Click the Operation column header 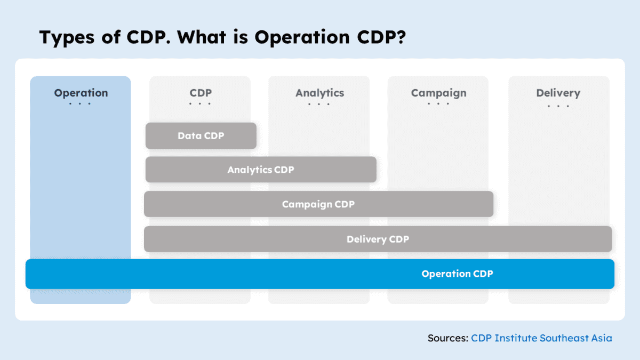coord(81,93)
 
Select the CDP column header coord(200,93)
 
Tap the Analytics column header coord(319,93)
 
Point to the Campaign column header coord(438,93)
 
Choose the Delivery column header coord(558,93)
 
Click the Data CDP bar coord(201,136)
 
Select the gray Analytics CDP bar coord(261,170)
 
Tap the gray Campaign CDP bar coord(318,204)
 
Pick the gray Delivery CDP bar coord(378,239)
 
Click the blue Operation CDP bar coord(320,274)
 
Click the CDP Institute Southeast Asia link coord(541,338)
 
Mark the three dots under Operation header coord(81,103)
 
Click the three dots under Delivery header coord(558,106)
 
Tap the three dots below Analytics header coord(319,103)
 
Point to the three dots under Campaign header coord(438,103)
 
